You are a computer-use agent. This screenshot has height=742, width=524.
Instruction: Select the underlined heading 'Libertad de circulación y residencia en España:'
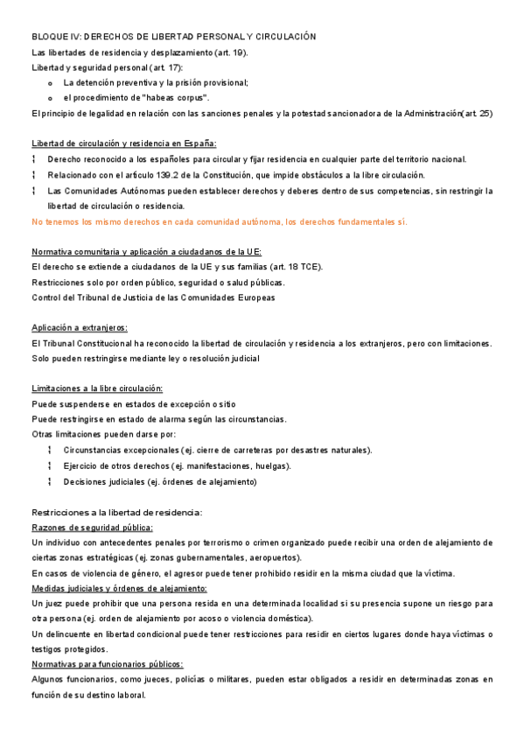tap(124, 143)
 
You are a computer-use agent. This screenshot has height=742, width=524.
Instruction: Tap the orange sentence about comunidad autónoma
tap(219, 221)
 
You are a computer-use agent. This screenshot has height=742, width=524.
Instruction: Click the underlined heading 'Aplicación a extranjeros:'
tap(80, 328)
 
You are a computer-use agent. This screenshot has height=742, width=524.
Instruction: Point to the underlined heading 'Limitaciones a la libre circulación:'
tap(97, 388)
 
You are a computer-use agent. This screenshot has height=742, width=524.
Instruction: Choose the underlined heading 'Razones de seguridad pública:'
tap(92, 528)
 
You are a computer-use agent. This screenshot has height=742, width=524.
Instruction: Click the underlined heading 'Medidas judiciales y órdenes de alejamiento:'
tap(119, 588)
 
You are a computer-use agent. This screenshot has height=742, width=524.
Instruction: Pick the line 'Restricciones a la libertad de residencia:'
tap(116, 513)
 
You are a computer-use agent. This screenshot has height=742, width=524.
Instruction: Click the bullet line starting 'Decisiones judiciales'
tap(160, 481)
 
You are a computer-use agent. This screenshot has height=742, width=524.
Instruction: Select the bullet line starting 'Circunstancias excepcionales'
tap(218, 450)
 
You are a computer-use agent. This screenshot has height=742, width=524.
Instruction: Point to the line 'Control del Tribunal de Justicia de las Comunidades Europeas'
tap(153, 297)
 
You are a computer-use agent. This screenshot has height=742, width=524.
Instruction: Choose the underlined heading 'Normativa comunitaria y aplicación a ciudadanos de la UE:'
tap(140, 252)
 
